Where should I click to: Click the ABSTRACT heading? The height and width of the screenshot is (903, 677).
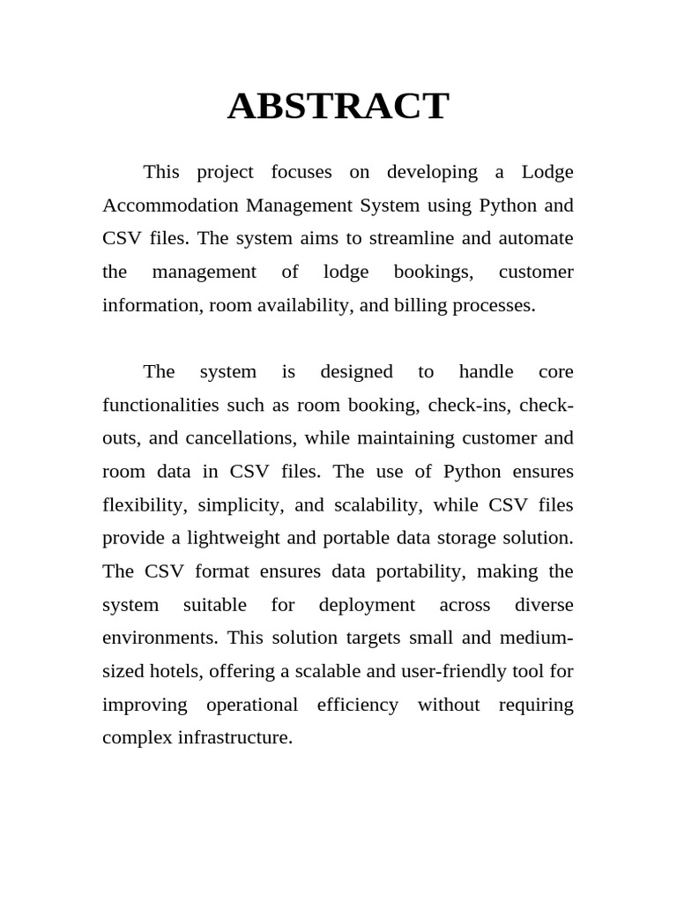click(338, 107)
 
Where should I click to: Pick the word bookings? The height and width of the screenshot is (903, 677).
click(433, 272)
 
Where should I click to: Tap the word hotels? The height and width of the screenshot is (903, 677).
click(175, 671)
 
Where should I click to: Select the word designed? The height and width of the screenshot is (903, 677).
click(356, 372)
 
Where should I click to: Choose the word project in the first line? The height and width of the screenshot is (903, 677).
click(225, 173)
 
